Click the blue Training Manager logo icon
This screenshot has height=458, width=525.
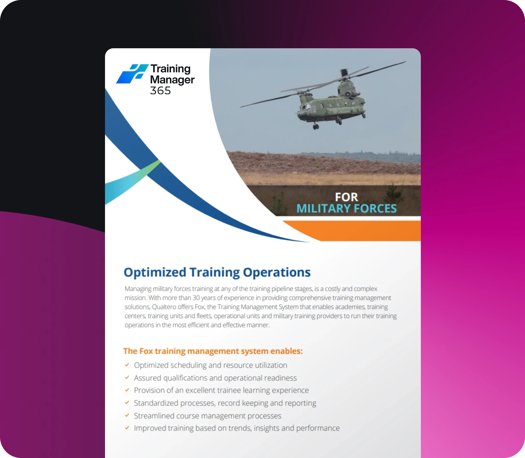(132, 74)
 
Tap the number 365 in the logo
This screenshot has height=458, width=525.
(160, 91)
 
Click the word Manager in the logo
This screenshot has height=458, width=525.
(172, 80)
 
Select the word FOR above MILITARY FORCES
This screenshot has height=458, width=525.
(346, 197)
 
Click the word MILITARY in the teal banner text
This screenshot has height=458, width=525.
(323, 209)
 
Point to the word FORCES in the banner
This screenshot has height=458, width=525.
(375, 209)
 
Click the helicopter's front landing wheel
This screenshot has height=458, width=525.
(316, 127)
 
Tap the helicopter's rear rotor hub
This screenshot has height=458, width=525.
(344, 74)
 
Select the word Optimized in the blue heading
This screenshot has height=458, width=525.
(155, 273)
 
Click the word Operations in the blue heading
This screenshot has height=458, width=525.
(277, 273)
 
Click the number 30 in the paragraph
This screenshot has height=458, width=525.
(196, 298)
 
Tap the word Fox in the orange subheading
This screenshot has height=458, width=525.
(146, 351)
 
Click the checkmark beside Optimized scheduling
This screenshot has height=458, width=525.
(127, 365)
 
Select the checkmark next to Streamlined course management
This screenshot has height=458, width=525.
(127, 415)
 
